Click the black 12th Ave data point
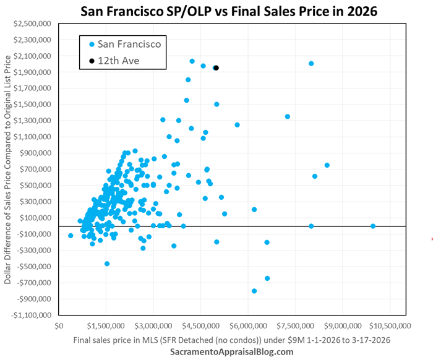[x=216, y=68]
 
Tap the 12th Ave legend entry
[x=119, y=60]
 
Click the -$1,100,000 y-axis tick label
[x=33, y=315]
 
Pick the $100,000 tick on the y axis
[x=36, y=218]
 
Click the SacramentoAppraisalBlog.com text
[x=233, y=351]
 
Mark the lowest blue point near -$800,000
[x=254, y=291]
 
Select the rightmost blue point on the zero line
[x=373, y=226]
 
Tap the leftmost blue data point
[x=71, y=236]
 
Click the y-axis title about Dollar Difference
[x=8, y=167]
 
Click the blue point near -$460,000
[x=107, y=264]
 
